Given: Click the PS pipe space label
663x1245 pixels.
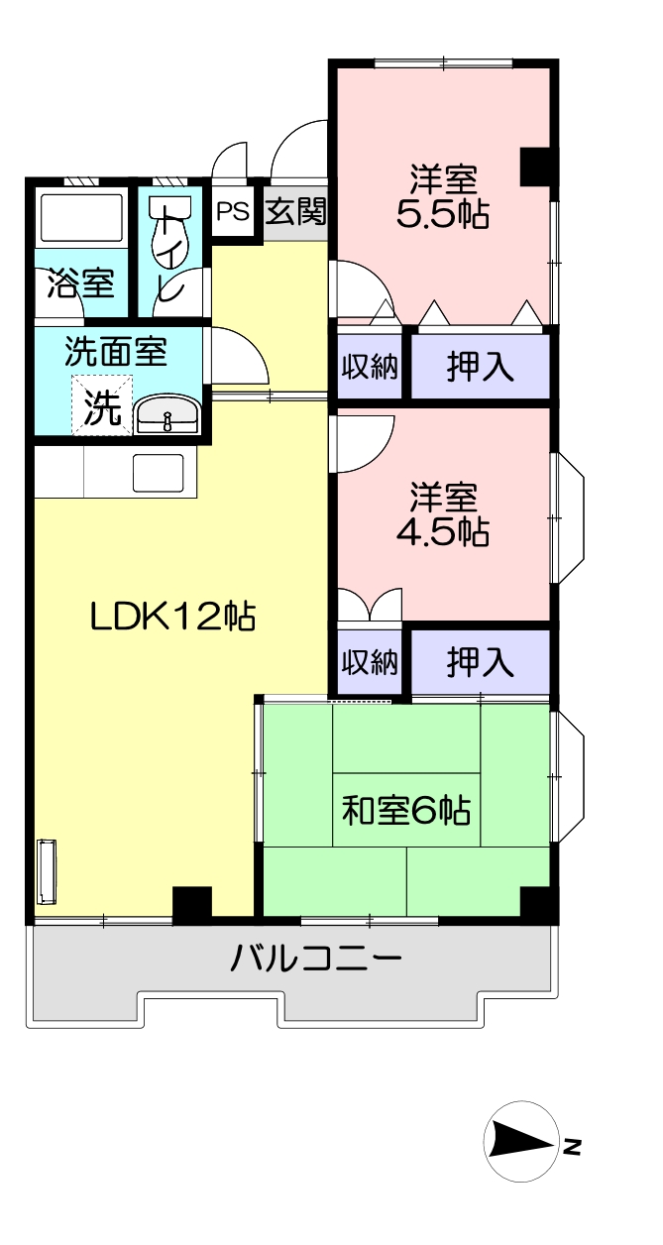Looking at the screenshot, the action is [233, 211].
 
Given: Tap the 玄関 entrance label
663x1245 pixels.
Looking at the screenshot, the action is [295, 211].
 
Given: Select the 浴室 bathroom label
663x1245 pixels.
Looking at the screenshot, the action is [81, 283].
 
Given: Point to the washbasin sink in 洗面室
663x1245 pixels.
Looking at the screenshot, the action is [167, 415].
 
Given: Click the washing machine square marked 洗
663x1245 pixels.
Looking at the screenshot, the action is [102, 405].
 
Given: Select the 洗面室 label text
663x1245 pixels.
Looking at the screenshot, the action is [116, 351].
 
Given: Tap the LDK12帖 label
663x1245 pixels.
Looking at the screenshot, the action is [172, 617].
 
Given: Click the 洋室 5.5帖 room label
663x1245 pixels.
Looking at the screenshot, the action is [443, 196].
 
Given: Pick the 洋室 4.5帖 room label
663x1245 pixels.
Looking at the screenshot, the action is [443, 514].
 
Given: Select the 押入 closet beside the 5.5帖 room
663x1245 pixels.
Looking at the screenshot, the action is [481, 367].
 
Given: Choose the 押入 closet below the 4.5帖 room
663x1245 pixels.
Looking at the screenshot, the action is [481, 661].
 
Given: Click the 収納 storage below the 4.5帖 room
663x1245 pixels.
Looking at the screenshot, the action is [370, 661].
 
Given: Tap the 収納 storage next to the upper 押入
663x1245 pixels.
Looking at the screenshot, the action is [370, 367].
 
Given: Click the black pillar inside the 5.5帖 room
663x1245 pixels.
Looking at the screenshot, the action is [535, 167].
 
